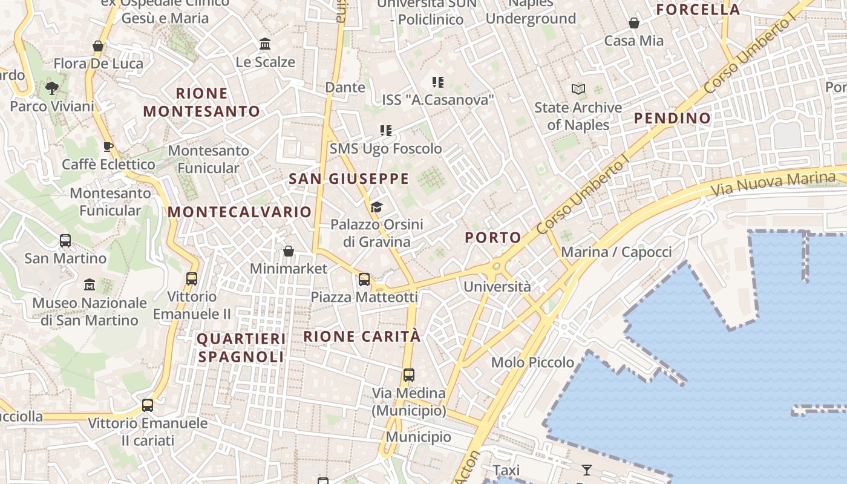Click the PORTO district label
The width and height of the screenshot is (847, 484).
[493, 238]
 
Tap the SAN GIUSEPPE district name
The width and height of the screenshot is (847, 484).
[349, 179]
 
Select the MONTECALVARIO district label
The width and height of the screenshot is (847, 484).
[240, 212]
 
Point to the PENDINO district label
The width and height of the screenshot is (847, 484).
[672, 119]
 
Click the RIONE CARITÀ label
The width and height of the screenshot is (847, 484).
[362, 337]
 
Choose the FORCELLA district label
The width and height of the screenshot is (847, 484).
[698, 10]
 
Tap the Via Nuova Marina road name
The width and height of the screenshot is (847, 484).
[773, 184]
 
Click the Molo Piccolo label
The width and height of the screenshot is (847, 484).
[532, 362]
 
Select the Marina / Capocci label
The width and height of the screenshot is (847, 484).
[616, 252]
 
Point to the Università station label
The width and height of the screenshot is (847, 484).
[497, 287]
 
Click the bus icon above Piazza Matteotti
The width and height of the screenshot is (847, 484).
[364, 279]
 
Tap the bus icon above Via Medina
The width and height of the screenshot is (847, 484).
[409, 374]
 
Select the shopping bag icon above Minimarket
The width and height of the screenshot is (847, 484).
[289, 251]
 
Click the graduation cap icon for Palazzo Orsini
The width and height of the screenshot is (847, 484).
[376, 208]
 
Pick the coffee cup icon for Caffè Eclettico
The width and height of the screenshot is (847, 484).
[108, 146]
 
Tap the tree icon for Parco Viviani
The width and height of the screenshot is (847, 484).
[52, 88]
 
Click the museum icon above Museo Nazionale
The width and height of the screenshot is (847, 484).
[90, 284]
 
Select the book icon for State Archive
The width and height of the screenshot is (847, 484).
[578, 90]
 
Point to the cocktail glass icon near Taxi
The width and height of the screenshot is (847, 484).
[586, 469]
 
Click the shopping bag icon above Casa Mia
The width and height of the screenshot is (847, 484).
[634, 23]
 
